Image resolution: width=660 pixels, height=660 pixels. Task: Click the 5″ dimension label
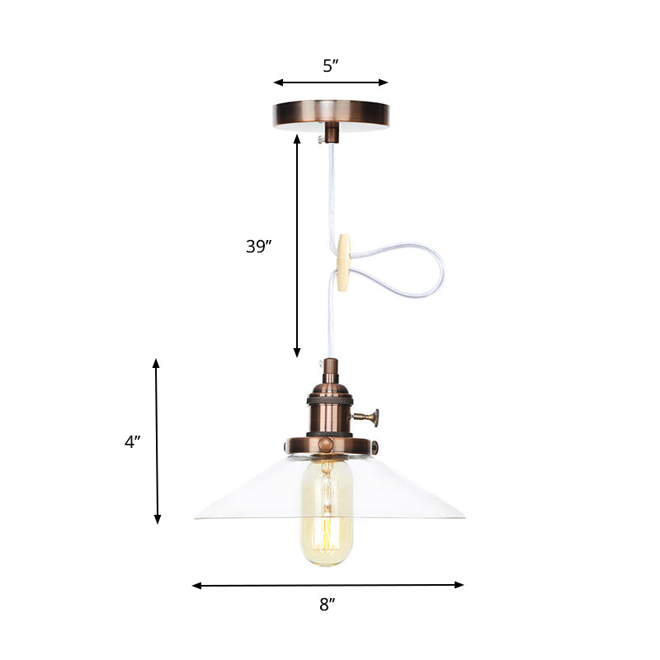pyautogui.click(x=331, y=66)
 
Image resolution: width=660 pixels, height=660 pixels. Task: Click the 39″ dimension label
pyautogui.click(x=259, y=246)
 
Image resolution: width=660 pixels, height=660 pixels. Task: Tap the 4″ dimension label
pyautogui.click(x=133, y=441)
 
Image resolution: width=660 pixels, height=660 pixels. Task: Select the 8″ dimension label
pyautogui.click(x=328, y=605)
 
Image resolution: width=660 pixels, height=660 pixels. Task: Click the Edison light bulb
pyautogui.click(x=327, y=511)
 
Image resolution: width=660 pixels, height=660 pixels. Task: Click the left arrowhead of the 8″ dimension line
pyautogui.click(x=196, y=586)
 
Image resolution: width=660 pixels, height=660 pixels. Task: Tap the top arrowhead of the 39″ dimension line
pyautogui.click(x=298, y=139)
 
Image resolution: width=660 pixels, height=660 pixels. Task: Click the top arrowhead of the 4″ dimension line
pyautogui.click(x=156, y=364)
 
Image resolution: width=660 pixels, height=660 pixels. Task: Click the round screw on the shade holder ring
pyautogui.click(x=328, y=446)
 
